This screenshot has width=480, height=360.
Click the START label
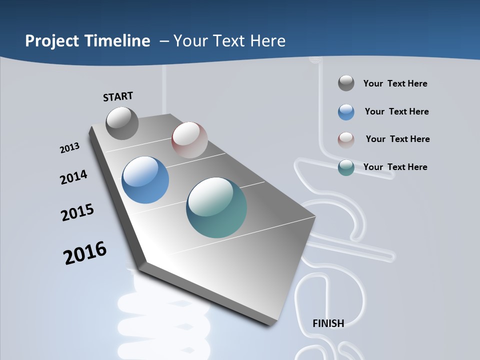pos(118,96)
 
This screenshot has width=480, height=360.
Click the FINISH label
pos(328,323)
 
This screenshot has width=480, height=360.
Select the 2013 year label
pos(69,148)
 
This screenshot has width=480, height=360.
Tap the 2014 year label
pos(73,177)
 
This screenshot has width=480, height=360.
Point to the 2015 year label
pos(77,212)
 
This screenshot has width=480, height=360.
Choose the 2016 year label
pos(85,253)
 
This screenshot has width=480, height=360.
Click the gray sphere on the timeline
pos(122,123)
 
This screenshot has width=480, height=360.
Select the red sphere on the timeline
pos(189,139)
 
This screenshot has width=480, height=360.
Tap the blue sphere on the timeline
pos(145,180)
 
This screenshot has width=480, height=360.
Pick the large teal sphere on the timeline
pos(216,207)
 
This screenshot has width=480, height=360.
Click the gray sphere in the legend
pos(346,83)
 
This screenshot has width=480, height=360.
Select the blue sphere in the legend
pos(346,112)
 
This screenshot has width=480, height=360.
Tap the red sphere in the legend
pos(346,139)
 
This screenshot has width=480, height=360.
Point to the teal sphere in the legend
pos(346,167)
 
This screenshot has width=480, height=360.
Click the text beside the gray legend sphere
pos(395,83)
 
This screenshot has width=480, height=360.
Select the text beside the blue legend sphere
pos(396,111)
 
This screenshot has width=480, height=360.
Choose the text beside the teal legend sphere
pos(395,167)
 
